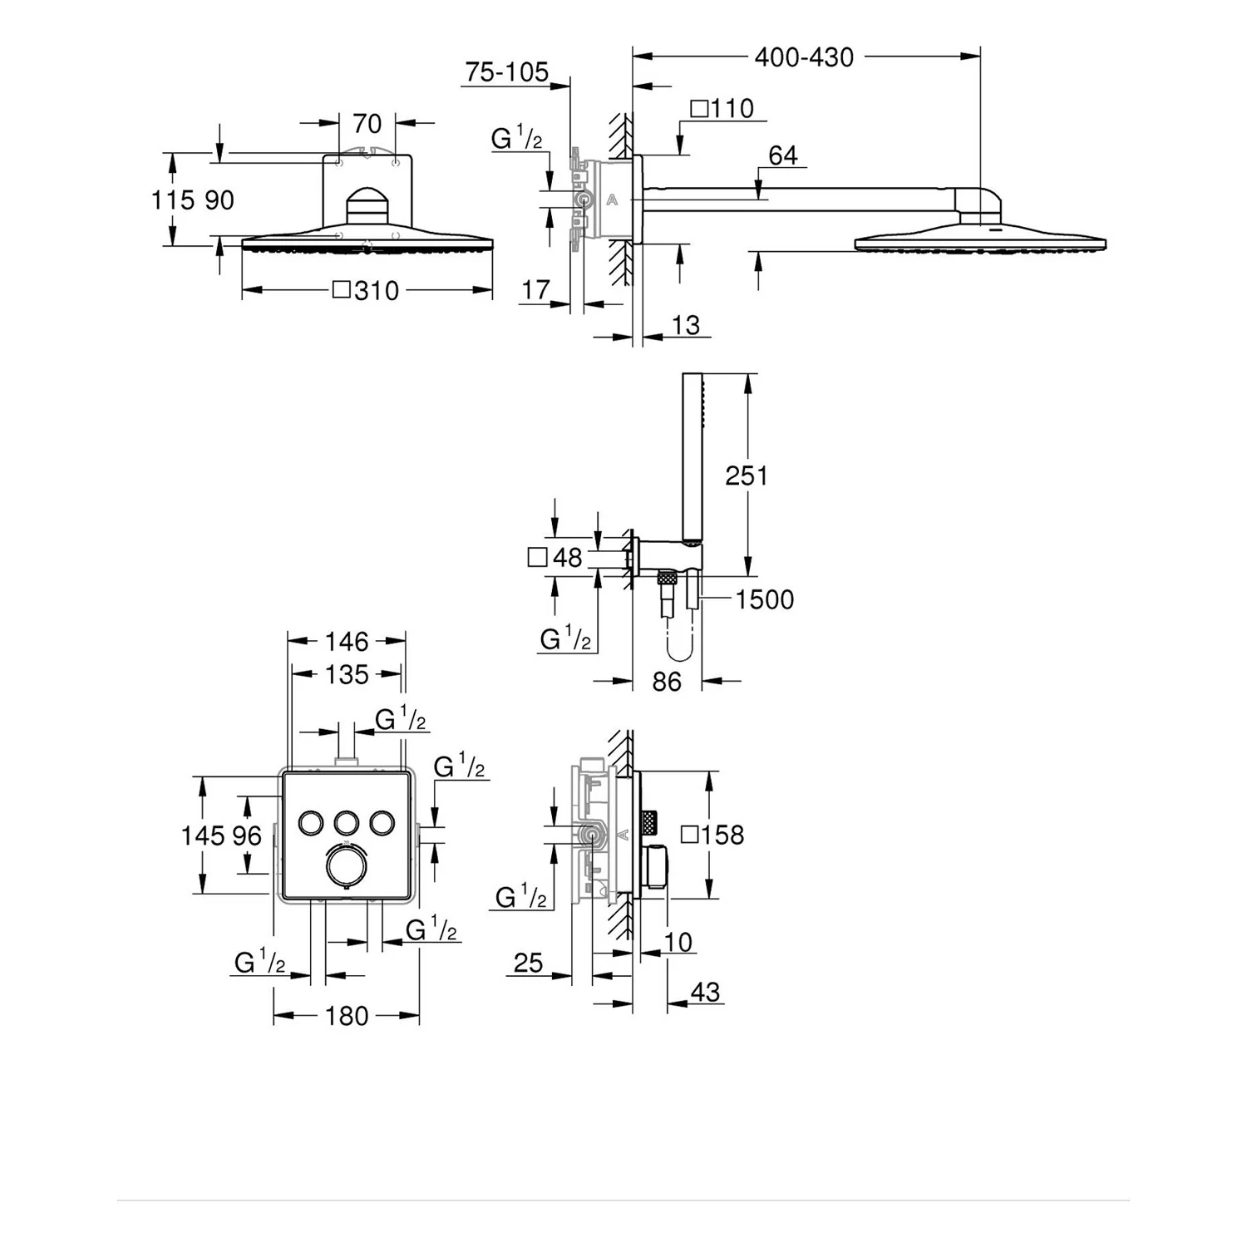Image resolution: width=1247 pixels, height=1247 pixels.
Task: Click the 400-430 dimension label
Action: coord(803,57)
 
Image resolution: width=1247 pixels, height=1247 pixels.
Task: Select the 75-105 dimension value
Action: coord(506,72)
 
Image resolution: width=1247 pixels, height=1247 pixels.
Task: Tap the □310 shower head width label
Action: coord(366,290)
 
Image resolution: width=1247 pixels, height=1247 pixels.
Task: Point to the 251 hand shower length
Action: coord(747,476)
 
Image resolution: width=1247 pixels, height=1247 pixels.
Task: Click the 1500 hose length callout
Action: coord(764,599)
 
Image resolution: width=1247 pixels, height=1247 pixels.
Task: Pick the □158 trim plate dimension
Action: coord(712,834)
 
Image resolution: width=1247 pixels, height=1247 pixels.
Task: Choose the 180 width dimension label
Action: coord(346,1015)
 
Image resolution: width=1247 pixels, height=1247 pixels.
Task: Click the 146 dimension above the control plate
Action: coord(346,641)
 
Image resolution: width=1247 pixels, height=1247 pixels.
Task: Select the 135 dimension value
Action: coord(346,674)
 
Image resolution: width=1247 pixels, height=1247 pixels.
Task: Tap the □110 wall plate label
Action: coord(722,108)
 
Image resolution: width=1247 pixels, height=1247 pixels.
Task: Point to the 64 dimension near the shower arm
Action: coord(783,155)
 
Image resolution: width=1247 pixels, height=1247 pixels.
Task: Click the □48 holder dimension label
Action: coord(555,557)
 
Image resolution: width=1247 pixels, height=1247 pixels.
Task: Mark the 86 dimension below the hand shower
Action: coord(667,682)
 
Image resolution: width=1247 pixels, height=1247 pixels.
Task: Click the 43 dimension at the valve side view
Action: coord(705,991)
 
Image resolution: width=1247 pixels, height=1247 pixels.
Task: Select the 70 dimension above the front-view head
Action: coord(367,124)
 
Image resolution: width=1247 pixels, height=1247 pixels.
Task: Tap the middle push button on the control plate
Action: coord(347,822)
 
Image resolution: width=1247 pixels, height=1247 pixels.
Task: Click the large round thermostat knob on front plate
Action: coord(346,865)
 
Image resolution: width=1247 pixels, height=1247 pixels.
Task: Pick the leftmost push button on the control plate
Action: coord(311,822)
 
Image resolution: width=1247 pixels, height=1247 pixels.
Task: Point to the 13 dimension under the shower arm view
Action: coord(686,324)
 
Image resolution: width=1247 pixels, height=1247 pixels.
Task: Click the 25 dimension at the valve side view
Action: coord(528,963)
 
